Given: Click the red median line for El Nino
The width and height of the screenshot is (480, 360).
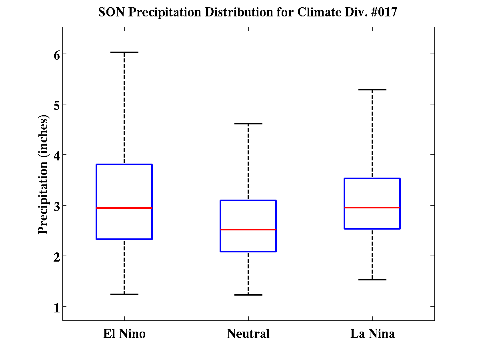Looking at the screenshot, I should click(124, 208).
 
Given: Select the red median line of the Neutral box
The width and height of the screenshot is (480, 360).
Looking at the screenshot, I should click(248, 230).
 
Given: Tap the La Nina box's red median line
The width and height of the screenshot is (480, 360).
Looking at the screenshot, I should click(372, 208).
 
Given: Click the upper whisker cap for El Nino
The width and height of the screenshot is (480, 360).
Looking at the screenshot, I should click(124, 52).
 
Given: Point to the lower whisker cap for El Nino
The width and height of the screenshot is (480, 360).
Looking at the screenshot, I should click(124, 294).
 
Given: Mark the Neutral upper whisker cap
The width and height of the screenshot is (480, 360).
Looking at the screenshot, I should click(248, 124).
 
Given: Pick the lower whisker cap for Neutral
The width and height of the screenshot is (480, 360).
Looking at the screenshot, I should click(248, 295).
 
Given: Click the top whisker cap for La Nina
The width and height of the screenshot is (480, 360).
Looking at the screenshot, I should click(372, 90).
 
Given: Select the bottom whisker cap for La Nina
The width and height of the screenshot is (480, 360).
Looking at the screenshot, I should click(372, 280).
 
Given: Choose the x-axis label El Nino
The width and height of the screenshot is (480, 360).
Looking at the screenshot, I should click(124, 334).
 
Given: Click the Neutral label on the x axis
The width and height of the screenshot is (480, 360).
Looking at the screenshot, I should click(248, 334).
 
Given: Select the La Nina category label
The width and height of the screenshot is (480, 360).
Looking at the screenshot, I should click(372, 334).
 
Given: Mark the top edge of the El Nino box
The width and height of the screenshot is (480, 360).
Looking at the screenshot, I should click(124, 164).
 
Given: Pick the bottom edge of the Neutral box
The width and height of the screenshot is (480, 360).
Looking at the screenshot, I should click(248, 251).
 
